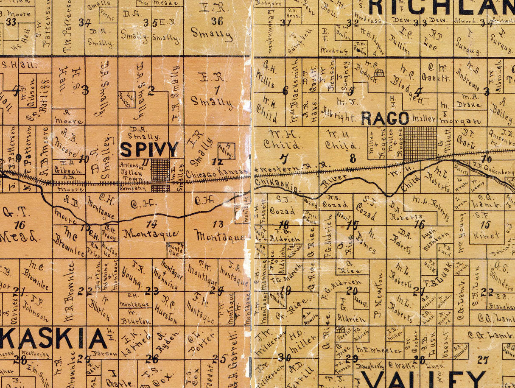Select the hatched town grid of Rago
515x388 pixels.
pos(419,143)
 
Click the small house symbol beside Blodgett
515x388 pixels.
pos(379,73)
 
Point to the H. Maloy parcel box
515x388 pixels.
pos(226,151)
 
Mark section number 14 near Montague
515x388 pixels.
pos(151,224)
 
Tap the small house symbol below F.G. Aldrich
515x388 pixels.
pos(340,329)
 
